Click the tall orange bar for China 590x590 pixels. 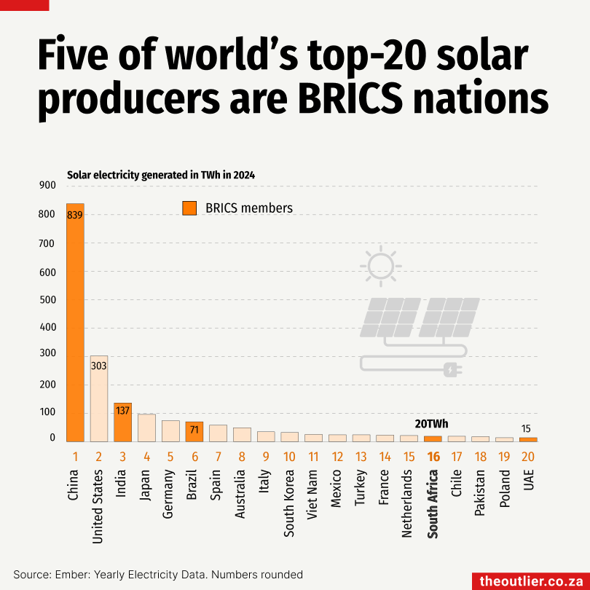coord(76,328)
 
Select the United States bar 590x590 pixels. coord(99,401)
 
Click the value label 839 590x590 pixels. coord(76,216)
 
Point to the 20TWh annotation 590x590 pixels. coord(431,423)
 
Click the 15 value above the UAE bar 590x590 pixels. coord(527,428)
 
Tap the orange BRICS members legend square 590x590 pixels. coord(189,208)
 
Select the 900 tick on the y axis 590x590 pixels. coord(47,186)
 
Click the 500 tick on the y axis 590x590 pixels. coord(47,300)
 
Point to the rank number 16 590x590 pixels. coord(433,457)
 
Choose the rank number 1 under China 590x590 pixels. coord(75,457)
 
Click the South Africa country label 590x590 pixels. coord(433,503)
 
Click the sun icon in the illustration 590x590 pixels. coord(379,266)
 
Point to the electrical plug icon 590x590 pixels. coord(452,370)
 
